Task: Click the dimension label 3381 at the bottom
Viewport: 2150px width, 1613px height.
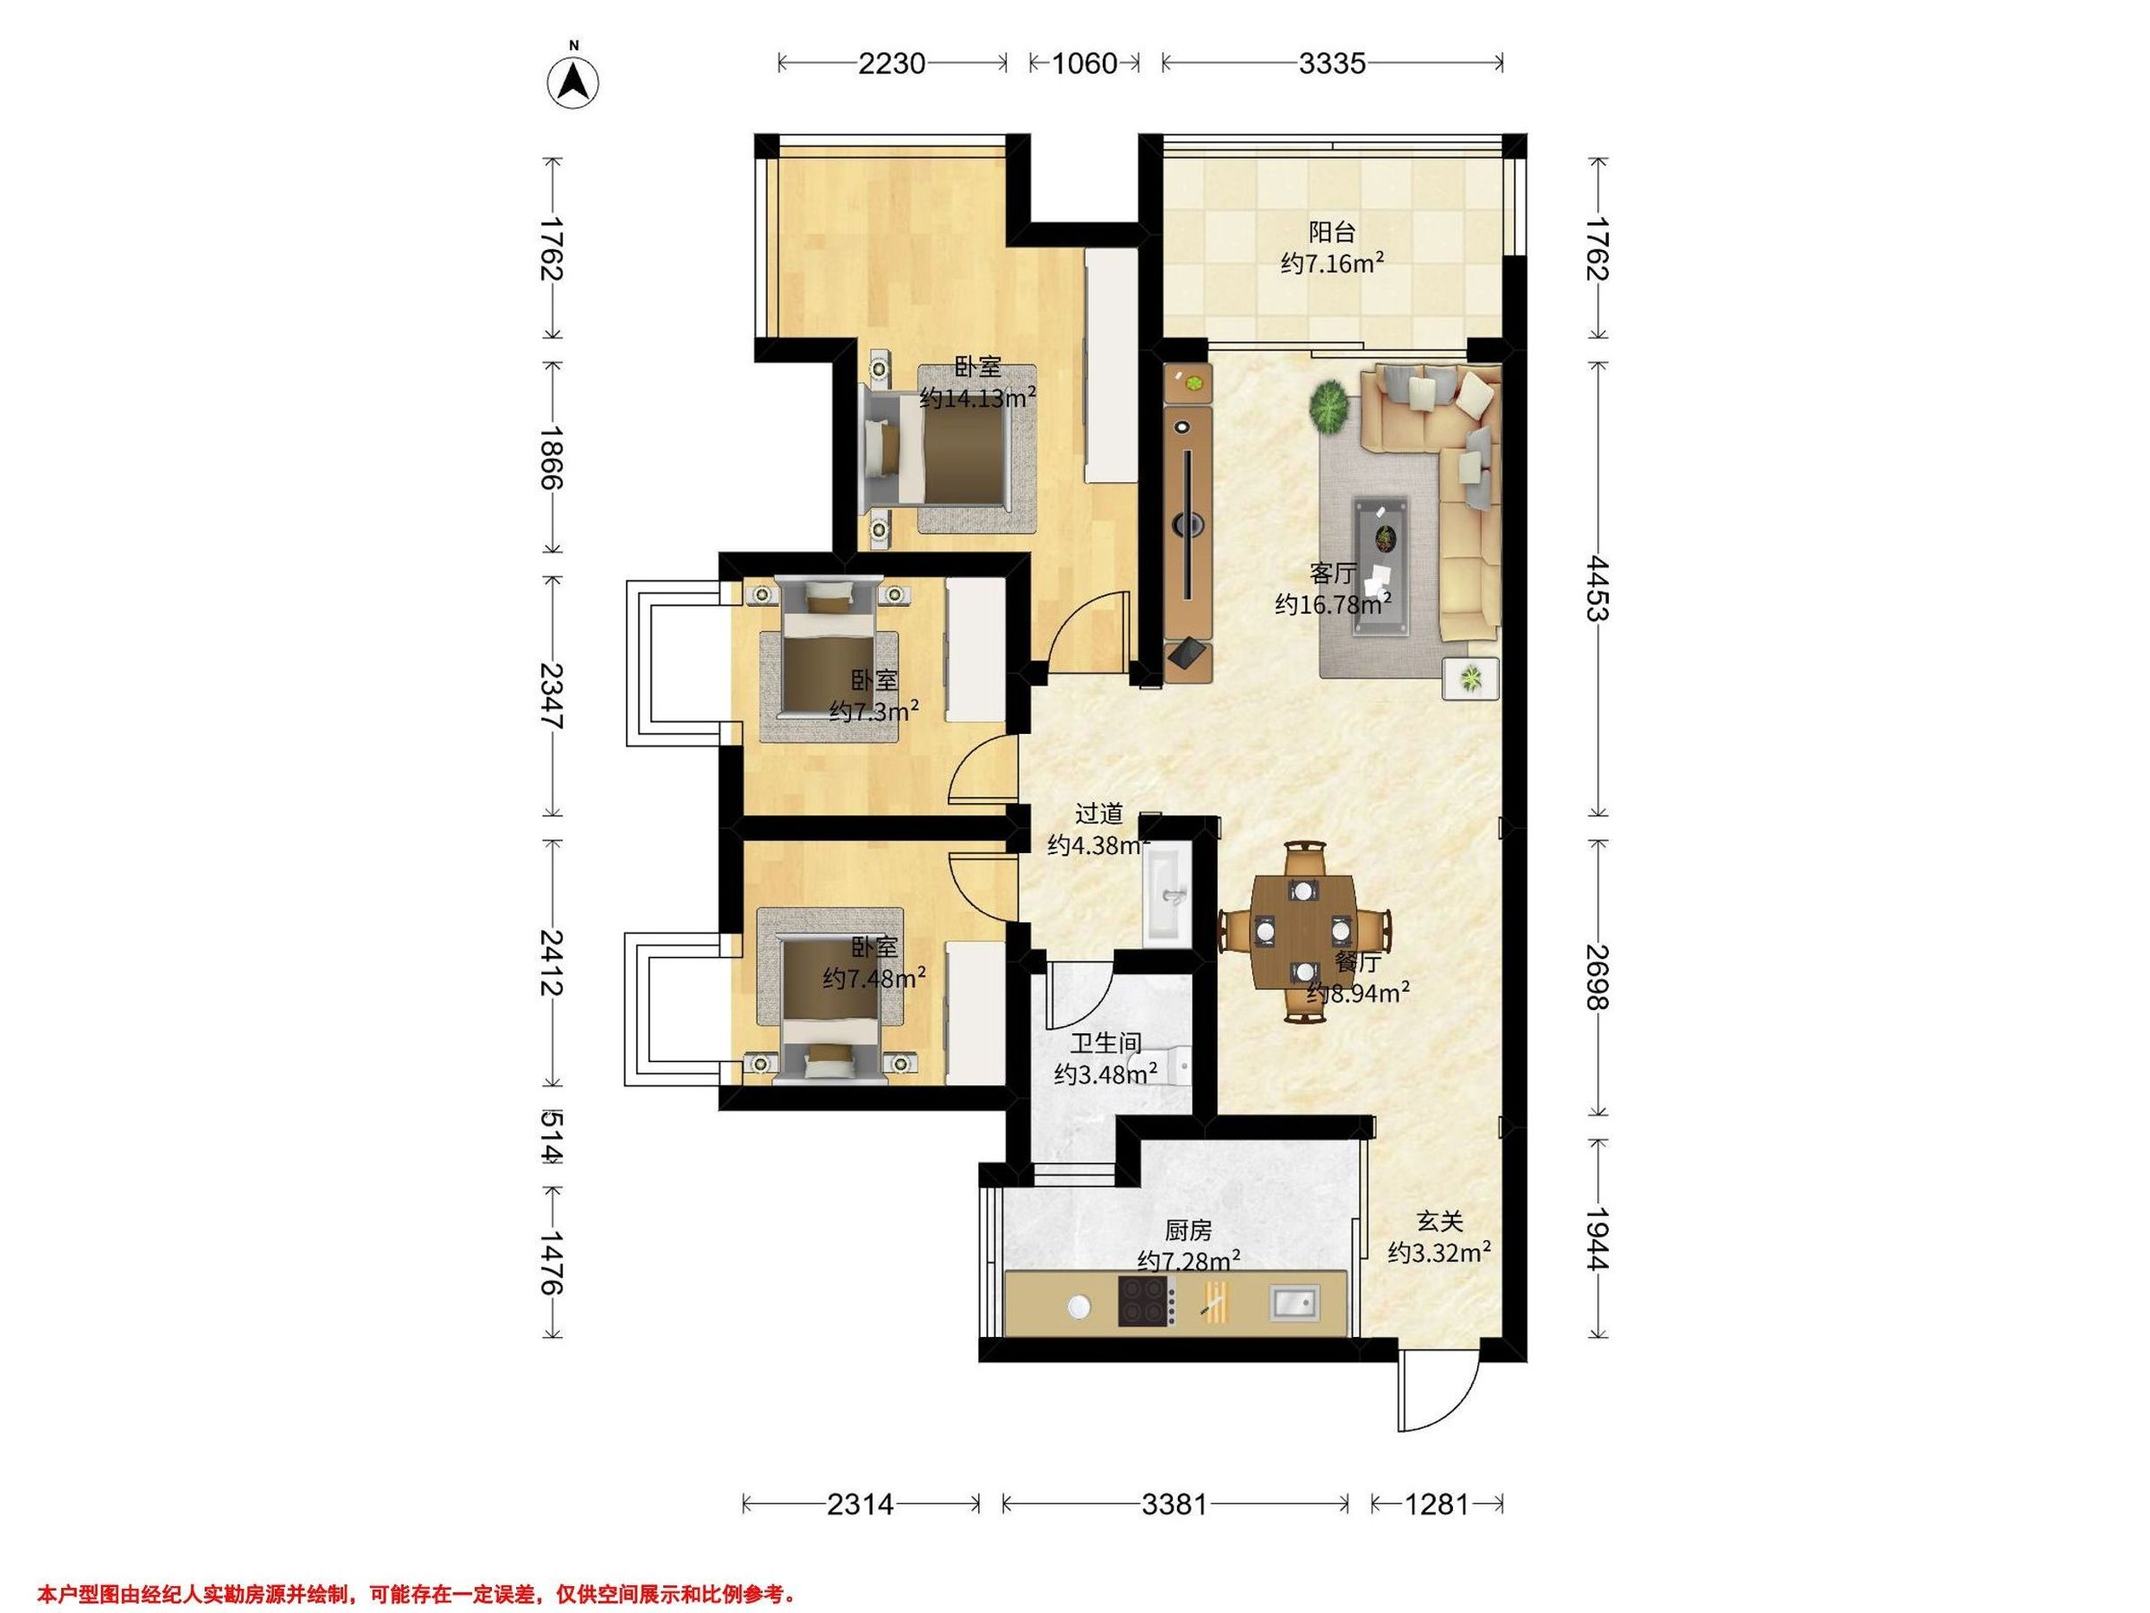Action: [1174, 1505]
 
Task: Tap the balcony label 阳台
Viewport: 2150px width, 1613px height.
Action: [1331, 232]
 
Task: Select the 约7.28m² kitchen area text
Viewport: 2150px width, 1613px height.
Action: [1188, 1261]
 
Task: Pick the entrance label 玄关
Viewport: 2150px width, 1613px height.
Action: [1440, 1222]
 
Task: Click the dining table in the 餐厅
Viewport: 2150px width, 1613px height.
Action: [1303, 931]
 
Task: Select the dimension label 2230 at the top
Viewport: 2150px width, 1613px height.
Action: [891, 64]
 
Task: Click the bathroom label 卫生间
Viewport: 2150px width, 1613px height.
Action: [1105, 1043]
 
